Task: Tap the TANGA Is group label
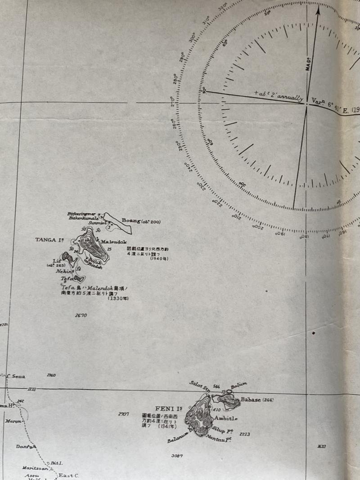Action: (49, 240)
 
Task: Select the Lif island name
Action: (56, 261)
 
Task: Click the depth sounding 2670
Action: (81, 315)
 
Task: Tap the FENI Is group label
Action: (168, 409)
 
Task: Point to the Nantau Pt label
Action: (219, 438)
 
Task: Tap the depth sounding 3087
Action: (177, 456)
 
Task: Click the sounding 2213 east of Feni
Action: (245, 434)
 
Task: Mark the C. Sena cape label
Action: (16, 376)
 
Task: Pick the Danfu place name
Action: (25, 447)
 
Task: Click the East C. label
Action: (69, 475)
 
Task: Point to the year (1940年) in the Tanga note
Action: (159, 258)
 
